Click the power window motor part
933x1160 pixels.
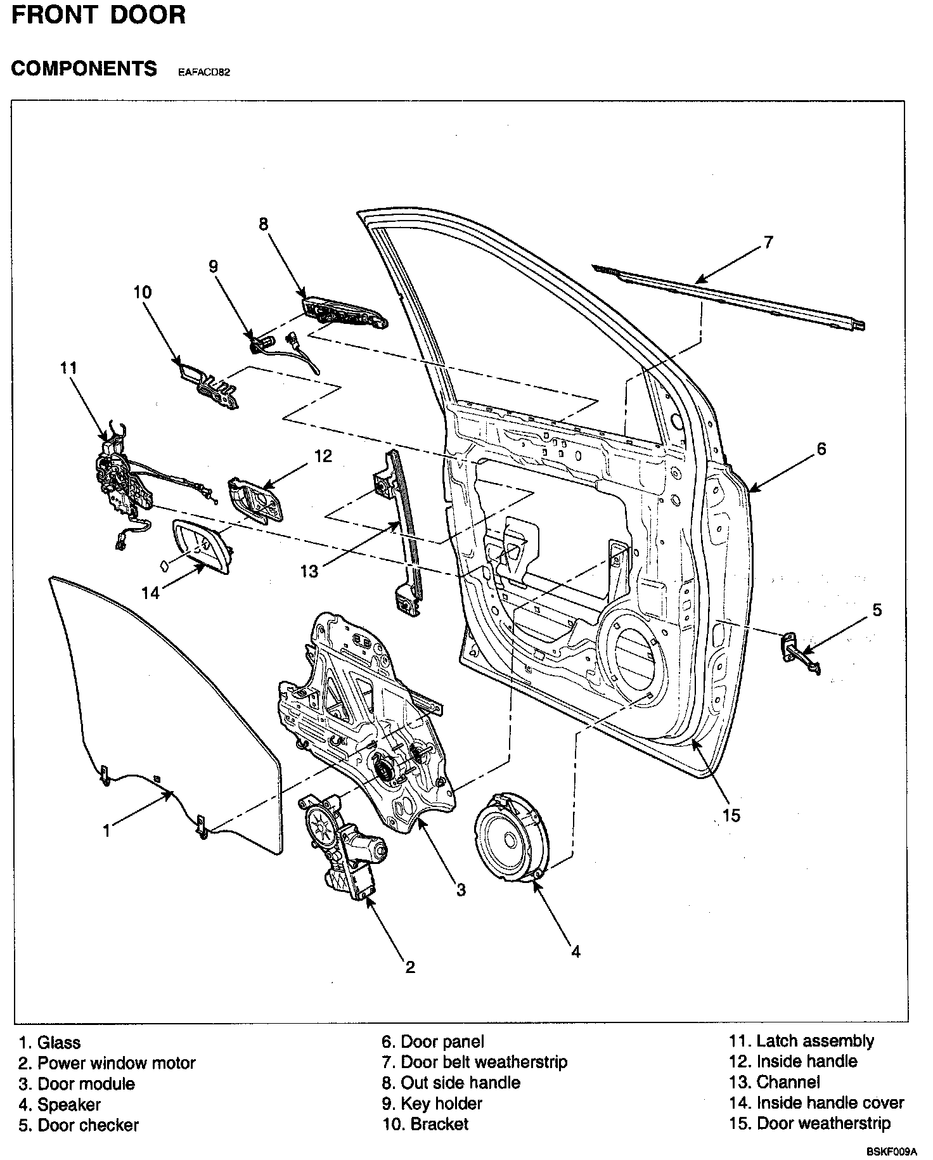(x=342, y=846)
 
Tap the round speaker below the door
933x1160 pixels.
(x=511, y=839)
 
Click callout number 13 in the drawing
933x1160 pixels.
(x=309, y=571)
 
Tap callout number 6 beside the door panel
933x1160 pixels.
(x=821, y=449)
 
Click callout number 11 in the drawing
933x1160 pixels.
(x=68, y=368)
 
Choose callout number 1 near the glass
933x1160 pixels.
(x=107, y=830)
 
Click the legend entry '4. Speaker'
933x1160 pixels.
(x=60, y=1105)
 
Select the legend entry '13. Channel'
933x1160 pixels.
(x=775, y=1082)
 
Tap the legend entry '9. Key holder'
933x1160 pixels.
(x=432, y=1104)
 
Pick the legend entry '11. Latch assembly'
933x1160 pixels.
(x=801, y=1041)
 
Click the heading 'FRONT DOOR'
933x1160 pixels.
(x=99, y=15)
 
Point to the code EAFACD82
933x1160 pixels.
(x=203, y=72)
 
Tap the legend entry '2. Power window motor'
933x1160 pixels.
(x=107, y=1063)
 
